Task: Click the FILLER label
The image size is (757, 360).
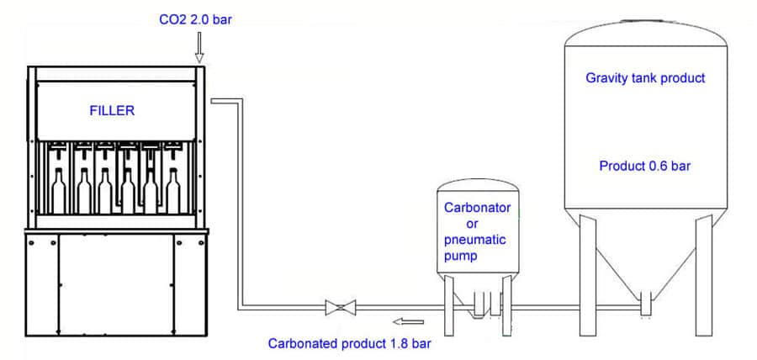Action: point(112,109)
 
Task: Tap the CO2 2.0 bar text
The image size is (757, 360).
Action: point(195,18)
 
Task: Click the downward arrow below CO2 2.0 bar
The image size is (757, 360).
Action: point(199,47)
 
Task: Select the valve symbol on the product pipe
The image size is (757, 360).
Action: point(340,308)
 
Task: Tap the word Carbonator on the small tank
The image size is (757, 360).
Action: point(477,207)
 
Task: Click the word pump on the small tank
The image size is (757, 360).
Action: point(461,256)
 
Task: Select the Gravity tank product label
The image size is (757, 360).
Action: point(645,78)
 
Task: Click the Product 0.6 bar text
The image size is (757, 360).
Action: point(645,166)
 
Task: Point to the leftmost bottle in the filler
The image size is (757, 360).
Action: point(59,191)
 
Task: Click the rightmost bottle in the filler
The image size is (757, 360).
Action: point(173,191)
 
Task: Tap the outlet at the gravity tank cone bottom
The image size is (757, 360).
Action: point(645,303)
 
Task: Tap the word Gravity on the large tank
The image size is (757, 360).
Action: point(606,78)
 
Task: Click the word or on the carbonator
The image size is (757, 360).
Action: point(472,224)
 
